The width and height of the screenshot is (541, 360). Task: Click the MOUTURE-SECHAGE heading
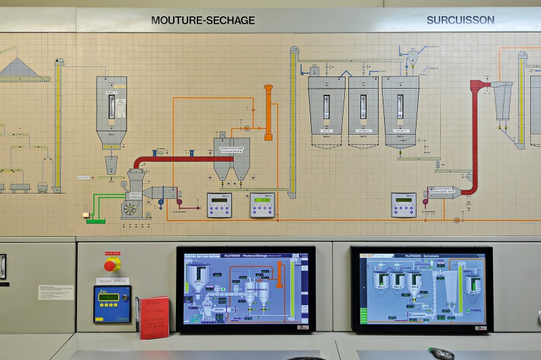(x=203, y=20)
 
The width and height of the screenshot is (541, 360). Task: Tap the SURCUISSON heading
(x=460, y=20)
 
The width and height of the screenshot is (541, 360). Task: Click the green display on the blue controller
(x=112, y=297)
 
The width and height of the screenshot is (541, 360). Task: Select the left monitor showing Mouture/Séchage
(x=245, y=288)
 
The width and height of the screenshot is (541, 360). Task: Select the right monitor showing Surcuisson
(x=421, y=289)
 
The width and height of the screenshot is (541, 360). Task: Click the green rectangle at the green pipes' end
(x=95, y=220)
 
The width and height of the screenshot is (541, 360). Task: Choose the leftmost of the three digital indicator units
(x=218, y=205)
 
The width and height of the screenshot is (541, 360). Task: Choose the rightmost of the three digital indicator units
(x=404, y=205)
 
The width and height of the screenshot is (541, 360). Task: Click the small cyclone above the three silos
(x=412, y=57)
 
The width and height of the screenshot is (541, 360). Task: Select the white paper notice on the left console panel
(x=55, y=292)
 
